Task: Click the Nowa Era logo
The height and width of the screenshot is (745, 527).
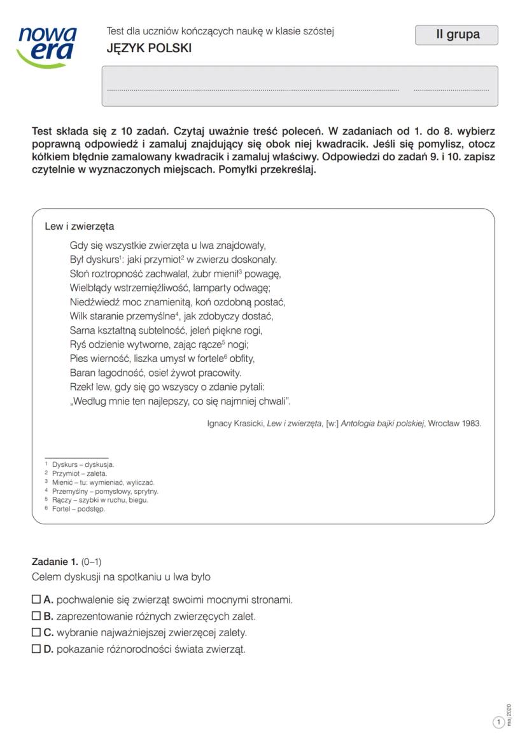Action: click(48, 46)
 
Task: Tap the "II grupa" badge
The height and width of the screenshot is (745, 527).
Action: click(456, 35)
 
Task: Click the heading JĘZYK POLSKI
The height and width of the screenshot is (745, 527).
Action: click(149, 48)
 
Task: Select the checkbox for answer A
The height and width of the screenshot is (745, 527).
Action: click(36, 599)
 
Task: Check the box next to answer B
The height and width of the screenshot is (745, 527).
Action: click(36, 616)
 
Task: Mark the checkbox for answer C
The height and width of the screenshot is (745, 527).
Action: click(36, 632)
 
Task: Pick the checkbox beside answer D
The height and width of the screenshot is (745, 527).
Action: click(36, 649)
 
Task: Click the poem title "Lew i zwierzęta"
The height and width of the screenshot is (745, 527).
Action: click(80, 226)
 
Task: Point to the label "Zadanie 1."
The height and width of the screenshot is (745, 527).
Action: click(55, 561)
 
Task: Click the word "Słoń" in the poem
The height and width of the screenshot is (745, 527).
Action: click(81, 274)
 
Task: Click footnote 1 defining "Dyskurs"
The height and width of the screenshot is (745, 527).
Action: click(80, 464)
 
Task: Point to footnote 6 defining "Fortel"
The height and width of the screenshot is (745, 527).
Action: click(75, 509)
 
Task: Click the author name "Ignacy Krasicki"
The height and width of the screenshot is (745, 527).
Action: click(235, 423)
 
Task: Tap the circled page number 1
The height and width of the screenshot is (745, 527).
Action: click(499, 721)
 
